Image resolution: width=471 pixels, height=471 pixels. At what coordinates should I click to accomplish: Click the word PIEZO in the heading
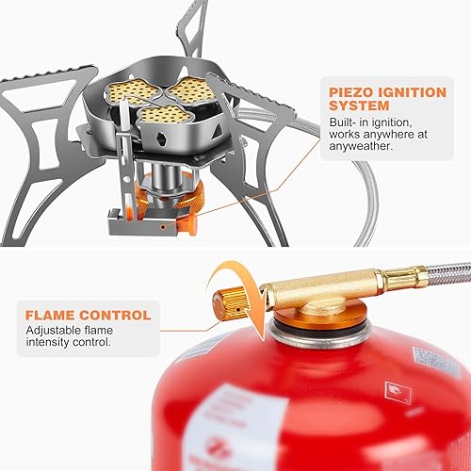[350, 92]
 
